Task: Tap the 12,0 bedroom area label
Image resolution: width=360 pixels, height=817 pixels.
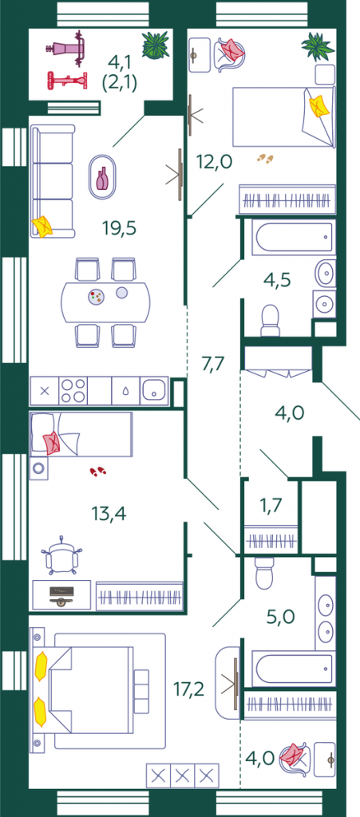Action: (214, 162)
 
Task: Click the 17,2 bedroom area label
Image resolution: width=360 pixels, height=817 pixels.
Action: (189, 689)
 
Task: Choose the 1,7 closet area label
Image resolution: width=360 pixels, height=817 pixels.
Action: (271, 504)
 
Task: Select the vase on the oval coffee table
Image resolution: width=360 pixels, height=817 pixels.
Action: (102, 178)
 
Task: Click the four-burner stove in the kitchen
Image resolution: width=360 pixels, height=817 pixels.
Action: (73, 390)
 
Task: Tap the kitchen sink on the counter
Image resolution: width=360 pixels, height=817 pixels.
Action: (153, 389)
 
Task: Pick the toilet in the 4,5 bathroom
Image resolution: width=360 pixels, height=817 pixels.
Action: (270, 320)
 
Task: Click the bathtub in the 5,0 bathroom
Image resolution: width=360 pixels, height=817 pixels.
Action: (291, 669)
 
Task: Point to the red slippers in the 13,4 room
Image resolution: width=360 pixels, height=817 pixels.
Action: (98, 472)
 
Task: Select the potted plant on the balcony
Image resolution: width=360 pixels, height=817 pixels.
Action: (155, 45)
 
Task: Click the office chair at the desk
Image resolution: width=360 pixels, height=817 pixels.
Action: (62, 555)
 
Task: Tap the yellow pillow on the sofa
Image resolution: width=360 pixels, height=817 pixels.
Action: (43, 227)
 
